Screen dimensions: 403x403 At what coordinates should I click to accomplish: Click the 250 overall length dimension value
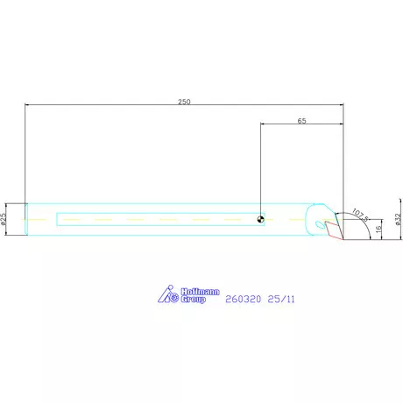tap(184, 102)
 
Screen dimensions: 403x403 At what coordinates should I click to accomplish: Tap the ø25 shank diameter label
tap(4, 218)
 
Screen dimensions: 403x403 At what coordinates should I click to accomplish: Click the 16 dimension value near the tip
tap(378, 228)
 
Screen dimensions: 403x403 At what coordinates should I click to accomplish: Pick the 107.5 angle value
tap(360, 212)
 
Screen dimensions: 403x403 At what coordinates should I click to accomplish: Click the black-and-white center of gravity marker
tap(261, 219)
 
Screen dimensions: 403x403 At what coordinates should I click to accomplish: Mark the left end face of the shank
tap(26, 218)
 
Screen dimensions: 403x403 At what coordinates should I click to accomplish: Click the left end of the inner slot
tap(57, 218)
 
